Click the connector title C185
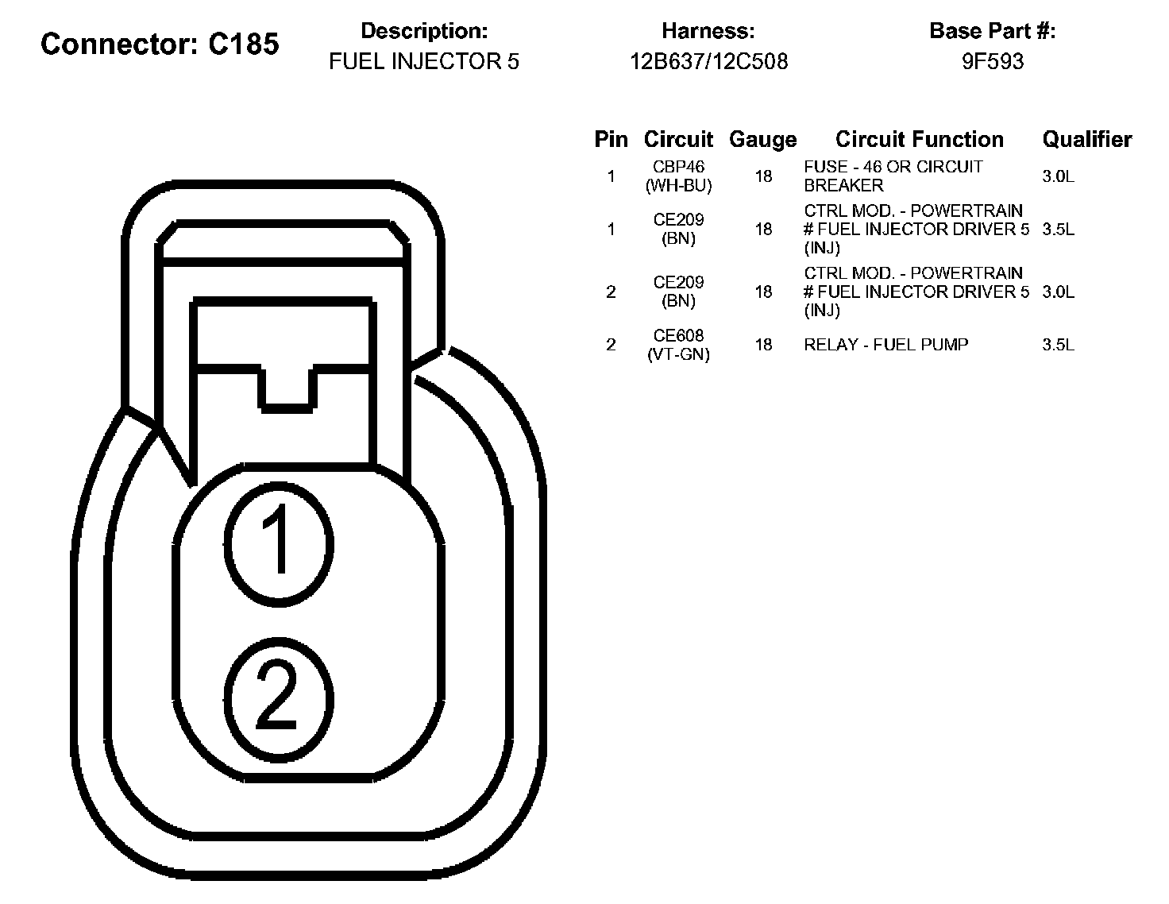click(x=160, y=44)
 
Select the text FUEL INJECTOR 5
click(x=424, y=62)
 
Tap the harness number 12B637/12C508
click(x=708, y=62)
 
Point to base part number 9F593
click(x=993, y=62)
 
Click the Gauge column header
click(x=762, y=140)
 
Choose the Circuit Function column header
click(x=920, y=140)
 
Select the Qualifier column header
click(x=1086, y=140)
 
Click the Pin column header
click(x=611, y=140)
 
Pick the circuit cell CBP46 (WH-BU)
click(x=679, y=176)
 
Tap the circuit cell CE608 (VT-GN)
click(x=679, y=345)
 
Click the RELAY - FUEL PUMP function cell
click(x=886, y=345)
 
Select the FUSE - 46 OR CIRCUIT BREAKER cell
click(x=893, y=176)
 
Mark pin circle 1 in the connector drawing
click(x=278, y=541)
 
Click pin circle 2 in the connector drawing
click(x=278, y=697)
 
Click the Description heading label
click(x=424, y=32)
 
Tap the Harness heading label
click(x=708, y=32)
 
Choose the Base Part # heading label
click(x=993, y=32)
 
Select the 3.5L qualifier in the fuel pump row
click(x=1058, y=345)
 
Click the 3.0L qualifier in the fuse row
click(x=1058, y=176)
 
